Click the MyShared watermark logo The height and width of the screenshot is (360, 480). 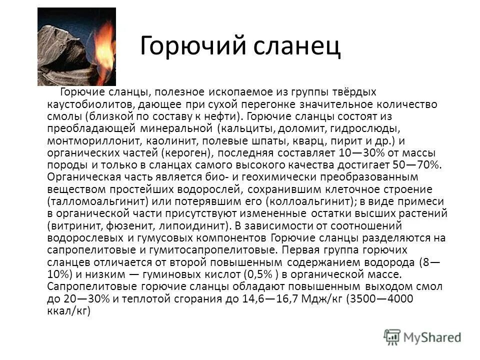click(x=422, y=336)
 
